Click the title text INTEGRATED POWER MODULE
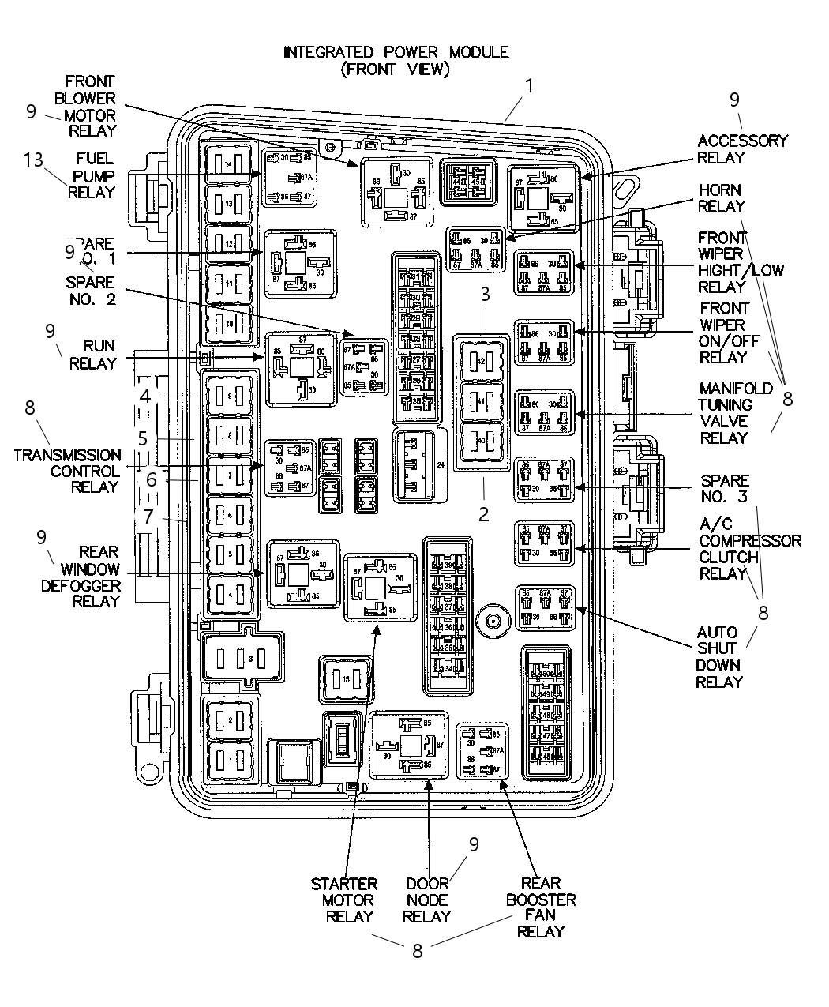[x=396, y=52]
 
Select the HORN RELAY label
[x=722, y=198]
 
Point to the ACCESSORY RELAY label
[x=742, y=148]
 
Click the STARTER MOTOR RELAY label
[x=343, y=900]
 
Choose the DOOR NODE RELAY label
[x=426, y=900]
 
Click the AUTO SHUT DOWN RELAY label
[x=719, y=656]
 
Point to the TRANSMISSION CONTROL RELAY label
[x=68, y=471]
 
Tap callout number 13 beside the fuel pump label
[x=34, y=160]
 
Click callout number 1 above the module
[x=529, y=85]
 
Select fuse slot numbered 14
[x=228, y=164]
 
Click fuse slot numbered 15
[x=345, y=678]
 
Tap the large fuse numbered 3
[x=239, y=657]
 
